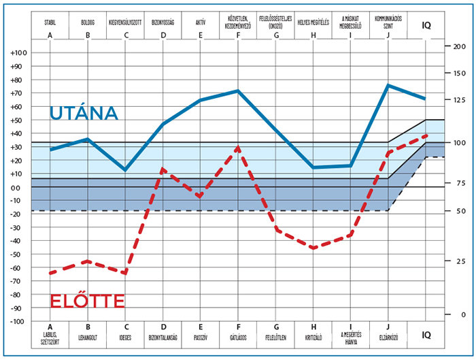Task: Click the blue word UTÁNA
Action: [84, 114]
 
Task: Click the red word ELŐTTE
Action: [88, 301]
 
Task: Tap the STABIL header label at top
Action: [50, 22]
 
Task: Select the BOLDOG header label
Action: [88, 22]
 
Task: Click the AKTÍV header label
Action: [201, 22]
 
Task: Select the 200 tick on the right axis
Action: [459, 46]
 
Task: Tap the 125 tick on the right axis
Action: [459, 100]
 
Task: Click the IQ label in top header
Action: [426, 26]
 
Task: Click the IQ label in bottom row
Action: [426, 335]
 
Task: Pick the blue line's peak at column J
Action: [388, 85]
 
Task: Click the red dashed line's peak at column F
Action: [238, 147]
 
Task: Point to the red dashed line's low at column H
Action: [313, 248]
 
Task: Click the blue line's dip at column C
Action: [125, 170]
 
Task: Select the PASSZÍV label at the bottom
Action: [201, 337]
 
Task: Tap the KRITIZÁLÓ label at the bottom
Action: [313, 337]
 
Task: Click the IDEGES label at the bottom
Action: [125, 337]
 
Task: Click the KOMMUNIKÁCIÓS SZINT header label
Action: [388, 18]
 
